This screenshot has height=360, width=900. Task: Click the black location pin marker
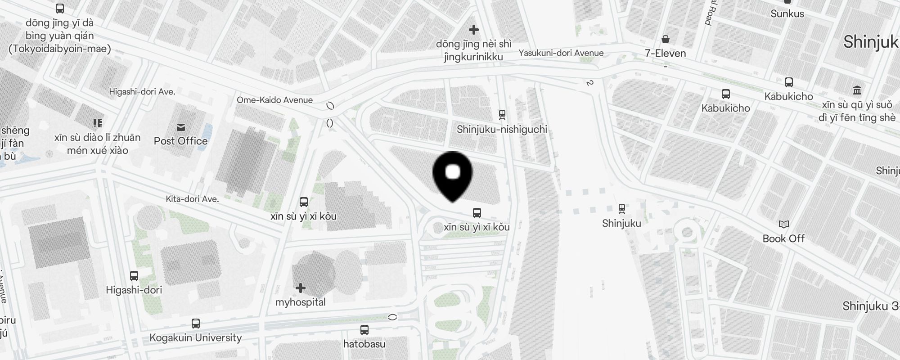(x=452, y=175)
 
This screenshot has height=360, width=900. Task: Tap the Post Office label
(x=180, y=141)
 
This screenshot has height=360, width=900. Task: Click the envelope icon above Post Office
(x=181, y=127)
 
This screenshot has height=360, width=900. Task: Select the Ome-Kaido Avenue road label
(x=274, y=100)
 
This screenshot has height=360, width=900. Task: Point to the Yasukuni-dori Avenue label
(x=561, y=53)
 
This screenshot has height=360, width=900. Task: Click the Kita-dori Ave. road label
(x=192, y=199)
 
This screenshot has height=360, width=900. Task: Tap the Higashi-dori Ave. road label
(x=142, y=92)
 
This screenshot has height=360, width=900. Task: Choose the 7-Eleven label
(x=665, y=54)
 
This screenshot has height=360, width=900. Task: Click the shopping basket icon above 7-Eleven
(x=666, y=39)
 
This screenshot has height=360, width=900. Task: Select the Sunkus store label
(x=787, y=13)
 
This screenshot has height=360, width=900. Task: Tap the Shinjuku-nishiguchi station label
(x=502, y=130)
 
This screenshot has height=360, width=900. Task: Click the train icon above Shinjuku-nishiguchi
(x=502, y=115)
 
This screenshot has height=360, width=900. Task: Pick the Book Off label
(x=783, y=238)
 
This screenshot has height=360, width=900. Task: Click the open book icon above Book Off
(x=783, y=224)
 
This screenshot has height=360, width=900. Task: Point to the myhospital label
(x=300, y=302)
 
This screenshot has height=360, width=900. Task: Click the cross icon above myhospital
(x=301, y=288)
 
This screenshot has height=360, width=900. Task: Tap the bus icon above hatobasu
(x=364, y=330)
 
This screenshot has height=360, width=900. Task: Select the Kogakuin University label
(x=195, y=337)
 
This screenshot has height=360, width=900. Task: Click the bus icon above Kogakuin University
(x=196, y=324)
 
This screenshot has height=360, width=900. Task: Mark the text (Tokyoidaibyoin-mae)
(x=59, y=49)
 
